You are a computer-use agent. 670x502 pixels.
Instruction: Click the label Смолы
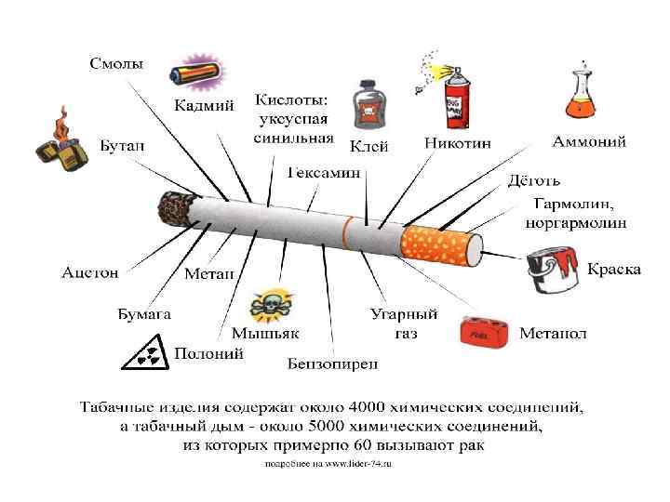(115, 64)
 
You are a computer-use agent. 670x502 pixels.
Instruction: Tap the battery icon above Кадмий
(195, 73)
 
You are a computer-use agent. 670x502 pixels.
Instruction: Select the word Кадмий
(204, 105)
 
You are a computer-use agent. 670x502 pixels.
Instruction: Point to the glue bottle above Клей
(368, 108)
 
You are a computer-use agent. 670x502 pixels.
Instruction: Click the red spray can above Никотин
(455, 97)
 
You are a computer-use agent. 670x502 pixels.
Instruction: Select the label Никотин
(458, 144)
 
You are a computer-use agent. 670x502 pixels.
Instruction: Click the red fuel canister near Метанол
(484, 332)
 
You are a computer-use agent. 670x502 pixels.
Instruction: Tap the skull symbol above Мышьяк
(271, 304)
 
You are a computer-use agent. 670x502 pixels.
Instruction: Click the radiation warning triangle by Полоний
(145, 352)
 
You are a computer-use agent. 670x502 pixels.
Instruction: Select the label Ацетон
(90, 273)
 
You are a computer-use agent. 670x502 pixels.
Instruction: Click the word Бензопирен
(332, 363)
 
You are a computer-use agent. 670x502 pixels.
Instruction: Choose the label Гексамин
(323, 173)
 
